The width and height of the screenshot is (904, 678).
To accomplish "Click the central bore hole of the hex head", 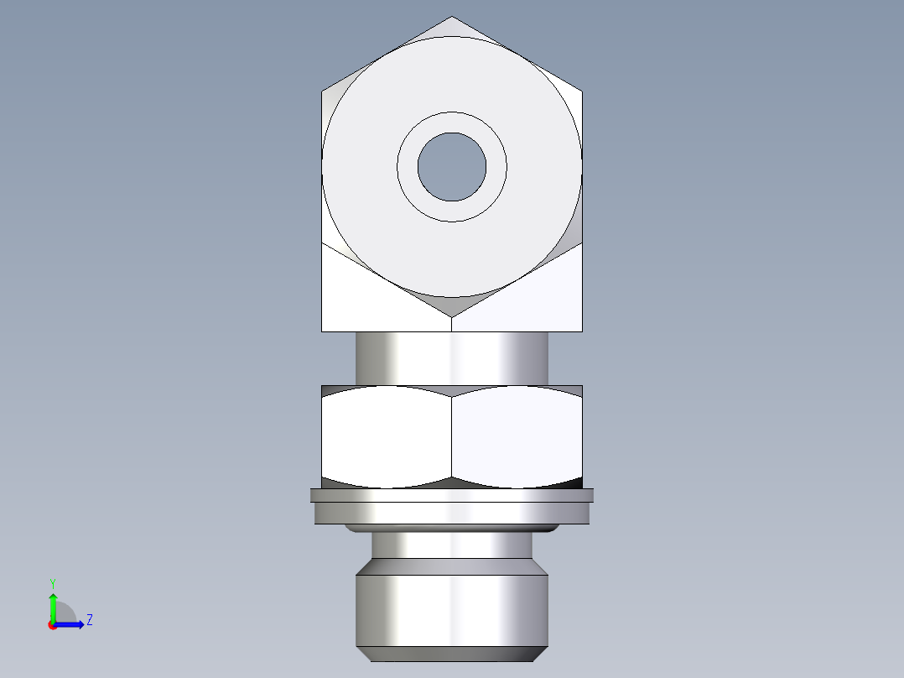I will (x=452, y=166).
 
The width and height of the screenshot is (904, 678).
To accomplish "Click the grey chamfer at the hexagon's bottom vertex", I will (x=452, y=305).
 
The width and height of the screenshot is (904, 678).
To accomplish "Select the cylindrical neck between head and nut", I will (x=452, y=357).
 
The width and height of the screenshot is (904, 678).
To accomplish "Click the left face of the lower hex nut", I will (x=386, y=436).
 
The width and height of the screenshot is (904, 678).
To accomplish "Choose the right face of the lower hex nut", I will (x=517, y=436).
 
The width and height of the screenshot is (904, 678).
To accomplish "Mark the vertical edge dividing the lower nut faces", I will (x=452, y=436).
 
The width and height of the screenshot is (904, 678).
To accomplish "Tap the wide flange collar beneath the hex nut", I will (x=452, y=507).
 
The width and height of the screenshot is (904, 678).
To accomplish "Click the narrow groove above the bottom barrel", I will (x=452, y=546).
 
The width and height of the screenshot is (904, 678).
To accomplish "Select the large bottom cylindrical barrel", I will (x=452, y=609).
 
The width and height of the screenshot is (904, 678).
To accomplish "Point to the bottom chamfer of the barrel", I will (x=452, y=654).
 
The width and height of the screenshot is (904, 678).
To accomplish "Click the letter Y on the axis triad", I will (x=52, y=582).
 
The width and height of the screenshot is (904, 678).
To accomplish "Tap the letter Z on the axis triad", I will (x=89, y=620).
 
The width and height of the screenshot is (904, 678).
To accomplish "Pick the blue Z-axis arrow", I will (x=71, y=624).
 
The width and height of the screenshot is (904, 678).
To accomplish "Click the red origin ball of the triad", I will (x=53, y=625).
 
